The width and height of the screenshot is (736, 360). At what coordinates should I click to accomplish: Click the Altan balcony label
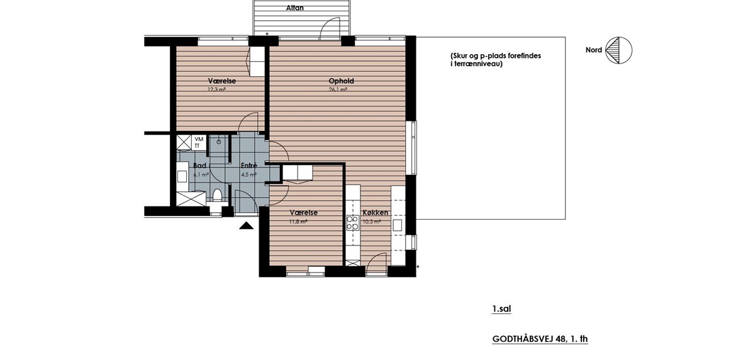[295, 8]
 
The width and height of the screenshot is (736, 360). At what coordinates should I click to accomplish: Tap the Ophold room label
[341, 81]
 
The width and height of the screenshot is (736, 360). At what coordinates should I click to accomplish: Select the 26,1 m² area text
[338, 89]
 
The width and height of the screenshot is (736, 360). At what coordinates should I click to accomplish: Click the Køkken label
[375, 213]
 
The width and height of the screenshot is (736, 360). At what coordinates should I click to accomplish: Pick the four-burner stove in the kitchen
[352, 222]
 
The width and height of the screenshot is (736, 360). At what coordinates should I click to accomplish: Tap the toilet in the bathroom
[217, 194]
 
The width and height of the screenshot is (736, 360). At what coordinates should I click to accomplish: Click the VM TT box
[199, 142]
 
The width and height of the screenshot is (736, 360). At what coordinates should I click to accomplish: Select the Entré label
[248, 166]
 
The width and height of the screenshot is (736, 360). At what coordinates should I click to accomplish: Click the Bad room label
[200, 166]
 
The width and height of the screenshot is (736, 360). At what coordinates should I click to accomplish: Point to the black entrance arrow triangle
[246, 226]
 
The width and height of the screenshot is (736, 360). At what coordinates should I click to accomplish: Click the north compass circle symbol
[618, 50]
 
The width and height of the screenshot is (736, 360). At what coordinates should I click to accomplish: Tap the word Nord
[594, 50]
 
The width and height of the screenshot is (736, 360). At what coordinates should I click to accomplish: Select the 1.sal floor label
[501, 309]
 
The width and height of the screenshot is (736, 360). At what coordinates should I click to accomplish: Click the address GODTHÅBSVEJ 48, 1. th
[540, 339]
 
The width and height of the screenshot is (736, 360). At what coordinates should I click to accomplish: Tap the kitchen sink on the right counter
[398, 225]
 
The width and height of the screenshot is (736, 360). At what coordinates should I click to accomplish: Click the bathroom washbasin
[182, 176]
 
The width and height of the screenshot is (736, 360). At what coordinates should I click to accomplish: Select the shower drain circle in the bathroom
[219, 141]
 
